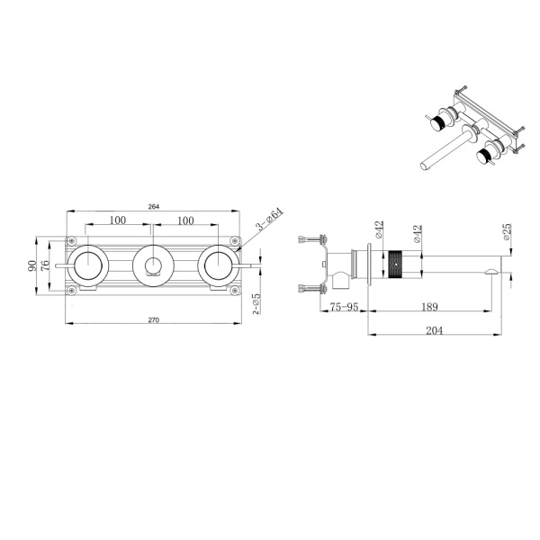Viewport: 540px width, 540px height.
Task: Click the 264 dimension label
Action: click(154, 207)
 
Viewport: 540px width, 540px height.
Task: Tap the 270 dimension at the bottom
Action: click(154, 319)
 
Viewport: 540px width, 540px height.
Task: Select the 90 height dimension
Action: click(32, 265)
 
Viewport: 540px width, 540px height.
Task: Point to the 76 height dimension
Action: click(45, 265)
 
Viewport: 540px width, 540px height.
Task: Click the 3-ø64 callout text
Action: click(270, 219)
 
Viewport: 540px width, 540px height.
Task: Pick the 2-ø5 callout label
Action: click(256, 304)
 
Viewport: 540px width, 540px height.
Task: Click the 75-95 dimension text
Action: click(344, 307)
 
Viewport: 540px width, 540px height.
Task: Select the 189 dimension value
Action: click(429, 307)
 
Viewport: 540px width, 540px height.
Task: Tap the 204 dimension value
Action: click(435, 330)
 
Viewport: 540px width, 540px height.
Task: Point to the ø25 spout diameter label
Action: click(507, 232)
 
